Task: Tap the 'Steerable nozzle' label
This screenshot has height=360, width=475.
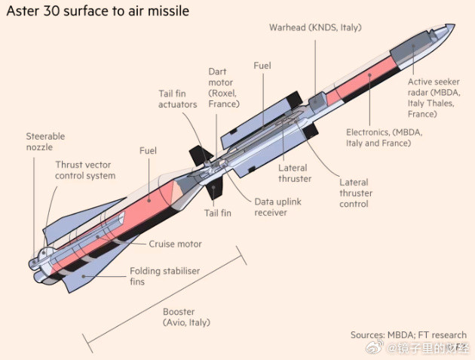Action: [45, 142]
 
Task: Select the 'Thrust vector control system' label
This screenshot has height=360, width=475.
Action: [85, 170]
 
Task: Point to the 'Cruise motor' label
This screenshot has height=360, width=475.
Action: [175, 244]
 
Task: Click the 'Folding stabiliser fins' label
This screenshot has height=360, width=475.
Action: [162, 275]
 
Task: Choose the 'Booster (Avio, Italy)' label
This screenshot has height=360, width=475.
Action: [186, 316]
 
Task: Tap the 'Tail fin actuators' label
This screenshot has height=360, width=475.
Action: [177, 99]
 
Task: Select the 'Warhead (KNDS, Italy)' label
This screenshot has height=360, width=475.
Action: [315, 28]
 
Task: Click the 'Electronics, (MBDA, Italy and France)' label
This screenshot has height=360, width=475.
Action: [384, 137]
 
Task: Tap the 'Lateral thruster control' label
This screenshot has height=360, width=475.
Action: [354, 193]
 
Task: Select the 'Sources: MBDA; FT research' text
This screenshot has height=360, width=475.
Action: [408, 335]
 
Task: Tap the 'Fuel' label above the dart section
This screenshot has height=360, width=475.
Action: [262, 66]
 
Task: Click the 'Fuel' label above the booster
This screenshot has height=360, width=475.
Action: [148, 151]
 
